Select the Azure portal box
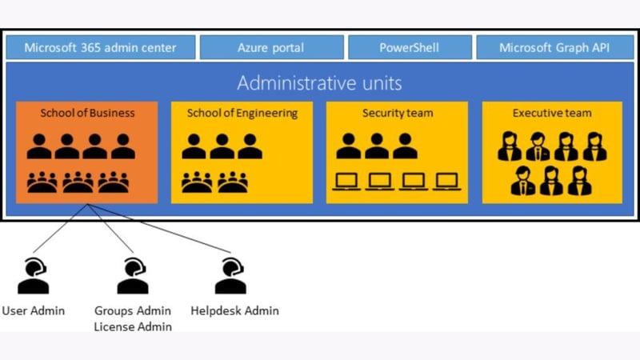pyautogui.click(x=270, y=47)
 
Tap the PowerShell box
pyautogui.click(x=409, y=47)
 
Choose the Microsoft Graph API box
pyautogui.click(x=554, y=47)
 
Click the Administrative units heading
pyautogui.click(x=319, y=83)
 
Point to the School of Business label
pyautogui.click(x=87, y=113)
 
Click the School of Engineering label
pyautogui.click(x=242, y=113)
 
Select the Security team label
pyautogui.click(x=397, y=113)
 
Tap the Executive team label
pyautogui.click(x=552, y=113)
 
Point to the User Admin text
pyautogui.click(x=33, y=310)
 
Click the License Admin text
pyautogui.click(x=133, y=326)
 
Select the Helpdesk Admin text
pyautogui.click(x=234, y=310)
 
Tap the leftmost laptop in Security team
pyautogui.click(x=349, y=182)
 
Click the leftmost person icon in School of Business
pyautogui.click(x=39, y=146)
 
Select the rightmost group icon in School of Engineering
pyautogui.click(x=233, y=182)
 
